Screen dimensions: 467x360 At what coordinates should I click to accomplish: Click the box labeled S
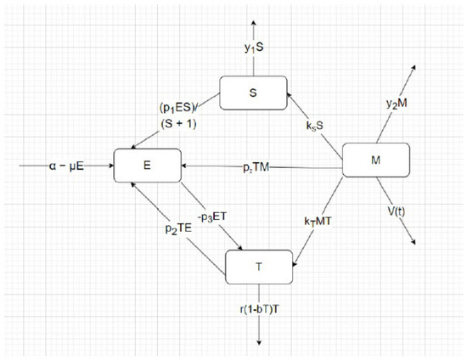coord(254,93)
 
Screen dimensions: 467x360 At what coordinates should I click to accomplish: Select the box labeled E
coord(148,166)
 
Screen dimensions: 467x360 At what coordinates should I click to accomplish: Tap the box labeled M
coord(376,160)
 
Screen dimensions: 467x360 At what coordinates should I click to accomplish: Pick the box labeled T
coord(259,267)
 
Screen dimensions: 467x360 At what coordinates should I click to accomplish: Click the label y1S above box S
coord(254,48)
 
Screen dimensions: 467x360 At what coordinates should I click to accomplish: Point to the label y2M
coord(397,104)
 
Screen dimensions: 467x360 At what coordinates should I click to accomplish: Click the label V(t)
coord(397,211)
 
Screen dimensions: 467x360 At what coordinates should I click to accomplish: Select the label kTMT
coord(318,222)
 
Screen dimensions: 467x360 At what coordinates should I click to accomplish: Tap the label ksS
coord(314,126)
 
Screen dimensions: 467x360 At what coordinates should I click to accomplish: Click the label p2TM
coord(256,168)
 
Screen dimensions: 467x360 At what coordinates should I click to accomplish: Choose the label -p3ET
coord(212,217)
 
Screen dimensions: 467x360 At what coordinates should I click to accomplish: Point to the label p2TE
coord(178,228)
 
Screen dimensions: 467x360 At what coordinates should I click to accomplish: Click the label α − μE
coord(66,166)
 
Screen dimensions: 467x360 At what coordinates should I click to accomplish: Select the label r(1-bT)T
coord(260,309)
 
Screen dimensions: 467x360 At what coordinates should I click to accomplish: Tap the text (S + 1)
coord(178,124)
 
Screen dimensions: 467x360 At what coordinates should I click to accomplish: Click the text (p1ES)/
coord(179,108)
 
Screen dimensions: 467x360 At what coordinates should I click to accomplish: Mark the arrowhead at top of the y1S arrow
coord(254,23)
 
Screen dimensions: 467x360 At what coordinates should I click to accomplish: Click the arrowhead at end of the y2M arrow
coord(414,67)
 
